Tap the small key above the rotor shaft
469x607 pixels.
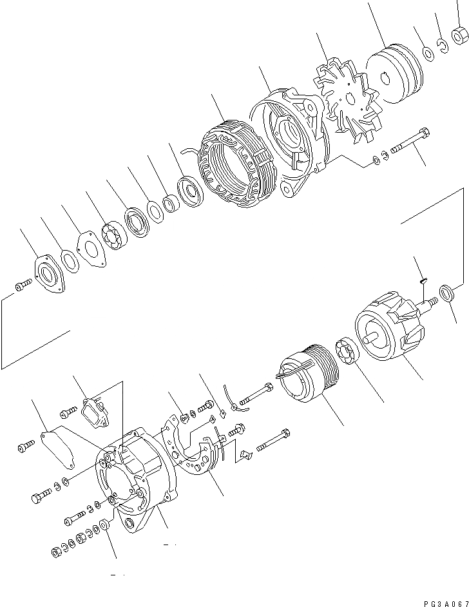422,280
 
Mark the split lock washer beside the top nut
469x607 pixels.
443,45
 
